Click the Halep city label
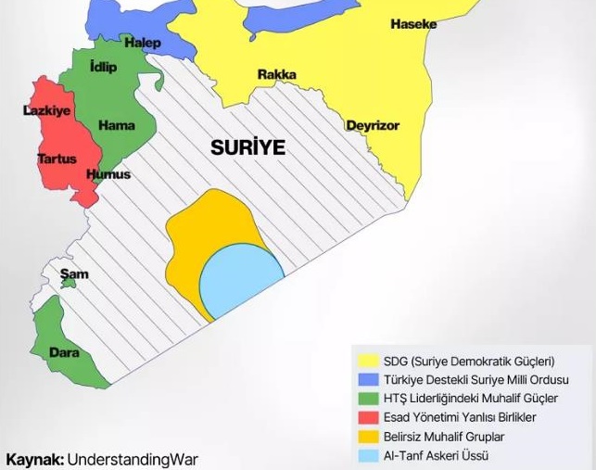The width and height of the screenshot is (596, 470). pos(143,43)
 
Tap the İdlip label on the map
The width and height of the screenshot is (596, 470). pos(103,67)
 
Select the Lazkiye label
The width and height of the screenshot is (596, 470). pos(46,110)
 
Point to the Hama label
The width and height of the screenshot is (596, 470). pos(116,125)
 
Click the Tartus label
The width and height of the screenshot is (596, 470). pos(57,159)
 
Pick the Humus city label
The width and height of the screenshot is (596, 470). pos(108,174)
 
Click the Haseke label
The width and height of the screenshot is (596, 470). pos(413,24)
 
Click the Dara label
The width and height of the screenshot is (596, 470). pos(64,352)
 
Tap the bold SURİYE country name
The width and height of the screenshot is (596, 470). pos(247,147)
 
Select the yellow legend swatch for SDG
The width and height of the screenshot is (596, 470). pos(368,362)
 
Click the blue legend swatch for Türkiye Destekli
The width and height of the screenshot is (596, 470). pos(368,380)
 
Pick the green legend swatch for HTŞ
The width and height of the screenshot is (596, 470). pos(368,399)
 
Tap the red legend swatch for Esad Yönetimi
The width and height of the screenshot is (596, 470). pos(368,417)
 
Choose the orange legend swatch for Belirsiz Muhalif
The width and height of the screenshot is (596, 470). pos(368,437)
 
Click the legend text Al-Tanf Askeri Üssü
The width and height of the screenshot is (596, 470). pos(436,455)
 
